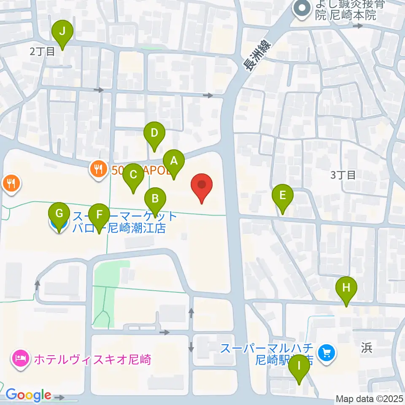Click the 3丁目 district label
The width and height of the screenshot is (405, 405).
point(343,175)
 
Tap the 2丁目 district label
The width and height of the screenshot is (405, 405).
point(42,52)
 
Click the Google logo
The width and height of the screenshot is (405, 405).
point(28,395)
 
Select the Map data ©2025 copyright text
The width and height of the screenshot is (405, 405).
point(370,399)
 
